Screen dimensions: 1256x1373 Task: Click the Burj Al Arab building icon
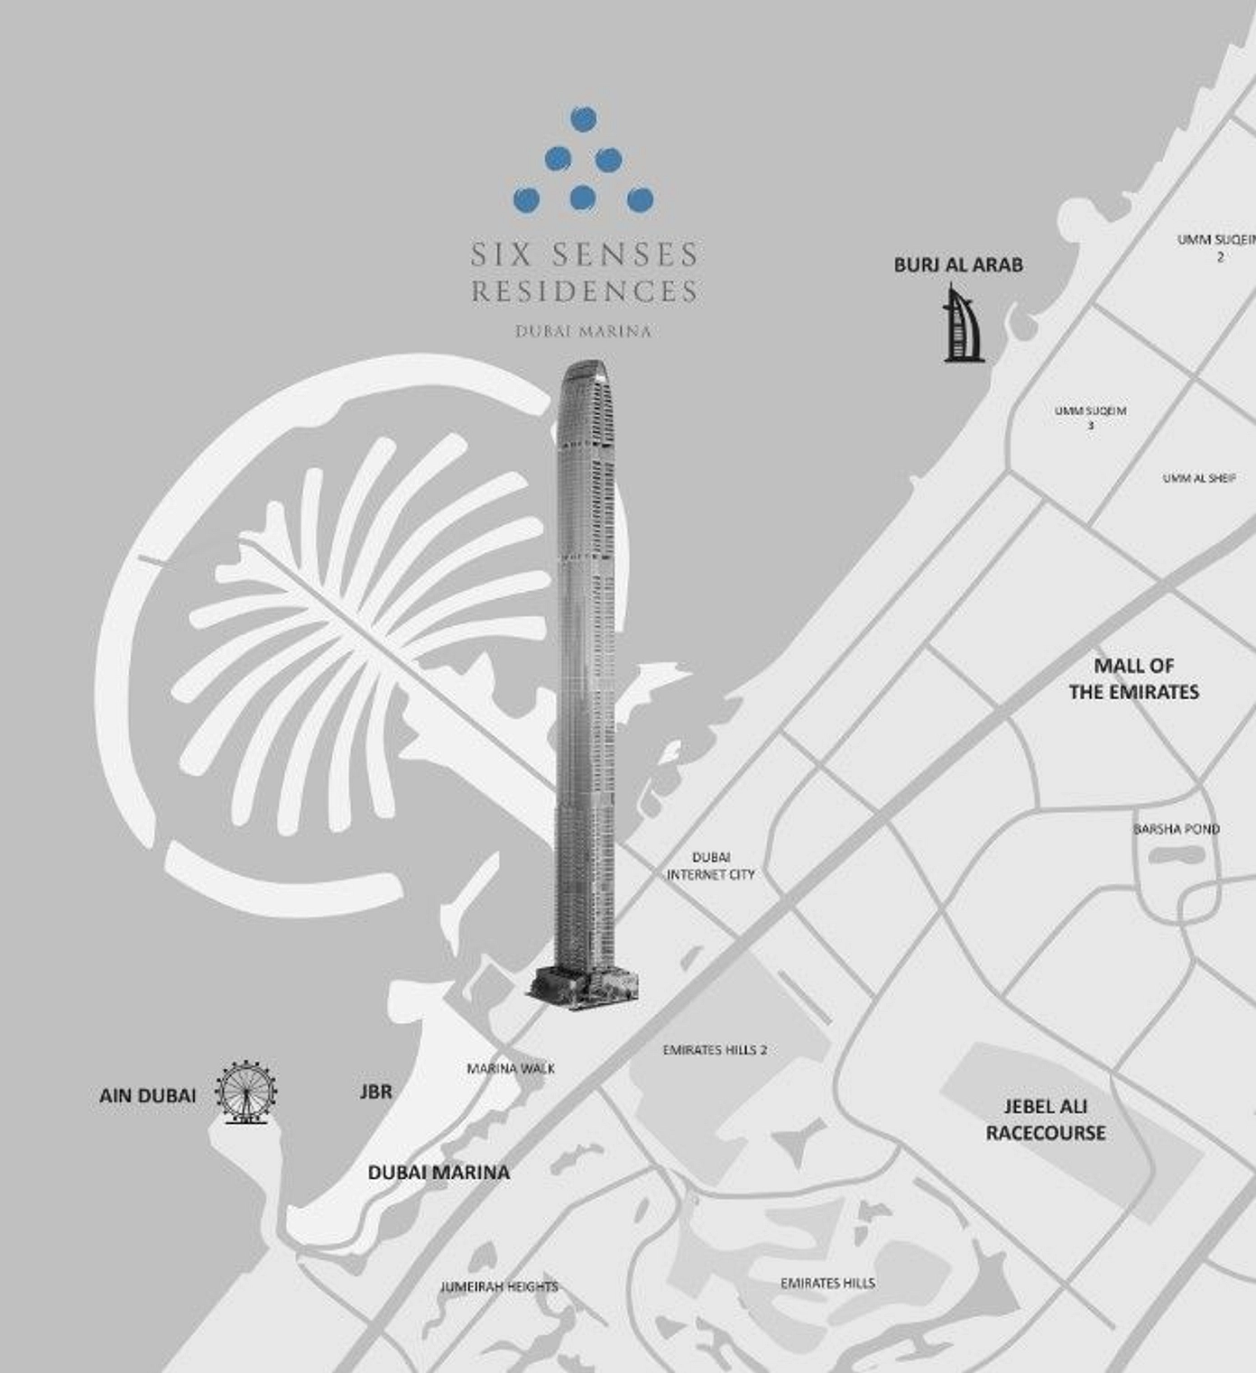pyautogui.click(x=963, y=325)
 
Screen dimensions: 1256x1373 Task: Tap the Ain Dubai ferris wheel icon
pyautogui.click(x=245, y=1092)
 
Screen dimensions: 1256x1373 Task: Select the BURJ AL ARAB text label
pyautogui.click(x=958, y=265)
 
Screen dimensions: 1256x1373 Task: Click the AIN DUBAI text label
pyautogui.click(x=147, y=1096)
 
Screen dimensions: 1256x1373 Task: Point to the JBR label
pyautogui.click(x=376, y=1092)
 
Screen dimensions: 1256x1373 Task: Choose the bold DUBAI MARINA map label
pyautogui.click(x=439, y=1173)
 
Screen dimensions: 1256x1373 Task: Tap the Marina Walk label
pyautogui.click(x=511, y=1069)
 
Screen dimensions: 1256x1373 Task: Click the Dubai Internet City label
pyautogui.click(x=711, y=866)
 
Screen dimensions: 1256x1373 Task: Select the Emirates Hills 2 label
pyautogui.click(x=715, y=1050)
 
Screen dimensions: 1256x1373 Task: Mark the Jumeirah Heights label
pyautogui.click(x=499, y=1287)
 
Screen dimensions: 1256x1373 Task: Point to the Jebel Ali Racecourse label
pyautogui.click(x=1046, y=1120)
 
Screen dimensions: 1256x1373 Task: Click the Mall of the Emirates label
pyautogui.click(x=1134, y=678)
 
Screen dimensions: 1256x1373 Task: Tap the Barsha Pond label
pyautogui.click(x=1177, y=829)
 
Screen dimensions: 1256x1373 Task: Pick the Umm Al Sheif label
pyautogui.click(x=1199, y=478)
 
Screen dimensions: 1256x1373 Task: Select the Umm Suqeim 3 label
pyautogui.click(x=1091, y=417)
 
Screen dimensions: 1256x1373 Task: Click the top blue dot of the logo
pyautogui.click(x=584, y=118)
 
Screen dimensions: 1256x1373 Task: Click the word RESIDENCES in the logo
pyautogui.click(x=585, y=292)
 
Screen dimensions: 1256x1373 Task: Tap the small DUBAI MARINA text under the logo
pyautogui.click(x=584, y=331)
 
